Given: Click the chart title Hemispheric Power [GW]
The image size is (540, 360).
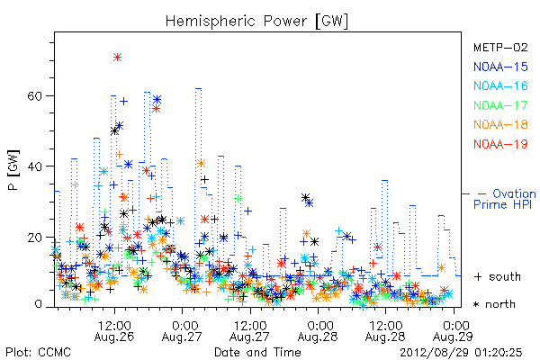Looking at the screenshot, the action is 256,22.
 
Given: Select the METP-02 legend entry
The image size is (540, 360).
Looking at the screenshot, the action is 500,47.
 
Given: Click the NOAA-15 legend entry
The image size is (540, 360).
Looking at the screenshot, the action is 500,67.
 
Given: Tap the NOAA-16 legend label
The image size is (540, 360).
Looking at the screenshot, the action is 500,85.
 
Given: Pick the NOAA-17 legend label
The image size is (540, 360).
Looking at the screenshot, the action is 500,105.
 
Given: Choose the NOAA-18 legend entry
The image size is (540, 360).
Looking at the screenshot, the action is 500,124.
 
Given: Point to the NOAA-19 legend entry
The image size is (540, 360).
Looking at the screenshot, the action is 500,144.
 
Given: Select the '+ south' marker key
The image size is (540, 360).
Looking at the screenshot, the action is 498,276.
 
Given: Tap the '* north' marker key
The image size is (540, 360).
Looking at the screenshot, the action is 494,304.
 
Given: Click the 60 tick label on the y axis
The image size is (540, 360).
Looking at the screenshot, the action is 34,95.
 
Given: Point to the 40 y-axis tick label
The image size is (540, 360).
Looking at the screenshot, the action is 34,166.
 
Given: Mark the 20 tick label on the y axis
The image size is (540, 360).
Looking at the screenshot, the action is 34,238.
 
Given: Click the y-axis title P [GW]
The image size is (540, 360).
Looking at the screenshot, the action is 13,170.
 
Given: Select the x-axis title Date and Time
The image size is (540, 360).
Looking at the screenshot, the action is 257,353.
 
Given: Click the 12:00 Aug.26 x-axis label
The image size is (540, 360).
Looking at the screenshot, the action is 114,330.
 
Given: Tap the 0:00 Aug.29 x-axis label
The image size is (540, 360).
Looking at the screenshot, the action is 454,330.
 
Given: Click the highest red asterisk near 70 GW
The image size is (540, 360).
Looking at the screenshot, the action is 117,58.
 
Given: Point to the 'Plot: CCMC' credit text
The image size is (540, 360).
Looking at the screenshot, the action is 38,353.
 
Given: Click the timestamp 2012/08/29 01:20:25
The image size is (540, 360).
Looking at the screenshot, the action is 461,353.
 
